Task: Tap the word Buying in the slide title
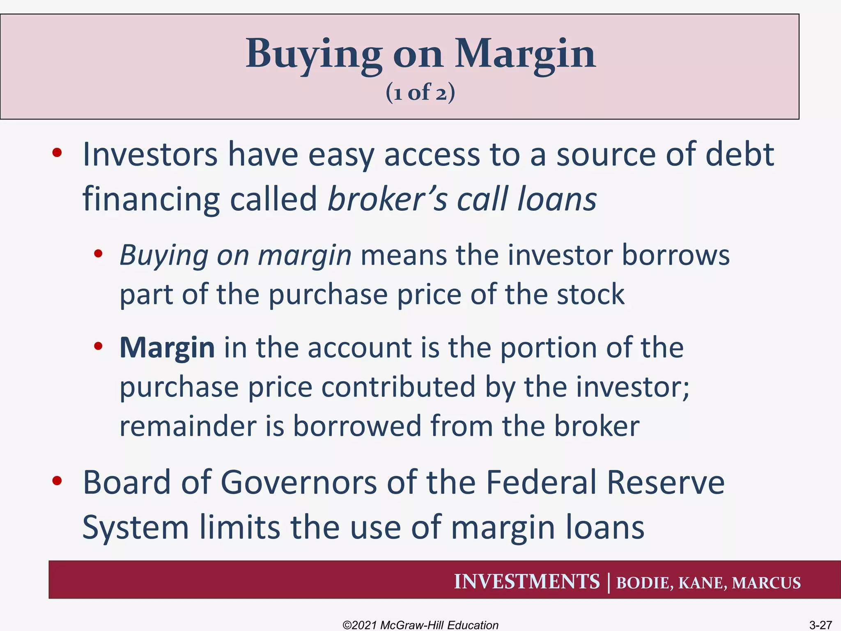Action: click(313, 55)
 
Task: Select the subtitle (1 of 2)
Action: click(420, 92)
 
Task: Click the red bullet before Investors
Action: click(57, 153)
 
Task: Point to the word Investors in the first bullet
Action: click(150, 155)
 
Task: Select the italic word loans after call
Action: click(556, 199)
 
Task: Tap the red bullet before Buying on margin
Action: click(98, 253)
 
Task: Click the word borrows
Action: click(675, 256)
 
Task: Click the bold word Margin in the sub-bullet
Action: click(167, 348)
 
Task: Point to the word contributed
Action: click(398, 387)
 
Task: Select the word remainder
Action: click(187, 426)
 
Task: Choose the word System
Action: click(135, 528)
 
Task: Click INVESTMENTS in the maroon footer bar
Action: click(526, 582)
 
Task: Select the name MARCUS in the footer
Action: click(766, 583)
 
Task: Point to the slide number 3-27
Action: click(820, 625)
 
